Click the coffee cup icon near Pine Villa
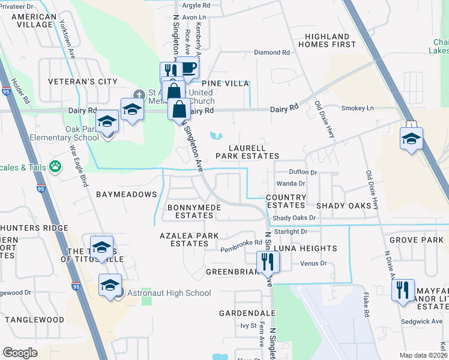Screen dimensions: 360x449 click(x=189, y=68)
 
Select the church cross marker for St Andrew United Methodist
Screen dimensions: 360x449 click(x=139, y=94)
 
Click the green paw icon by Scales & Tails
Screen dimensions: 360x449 click(x=56, y=166)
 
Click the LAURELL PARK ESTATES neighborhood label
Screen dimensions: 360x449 click(x=254, y=152)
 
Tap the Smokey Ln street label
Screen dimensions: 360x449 click(x=357, y=108)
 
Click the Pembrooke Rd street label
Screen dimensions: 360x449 click(x=241, y=243)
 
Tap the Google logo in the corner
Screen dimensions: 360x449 click(x=20, y=352)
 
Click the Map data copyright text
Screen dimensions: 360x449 click(x=424, y=355)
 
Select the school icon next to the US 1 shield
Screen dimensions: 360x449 click(x=411, y=139)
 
